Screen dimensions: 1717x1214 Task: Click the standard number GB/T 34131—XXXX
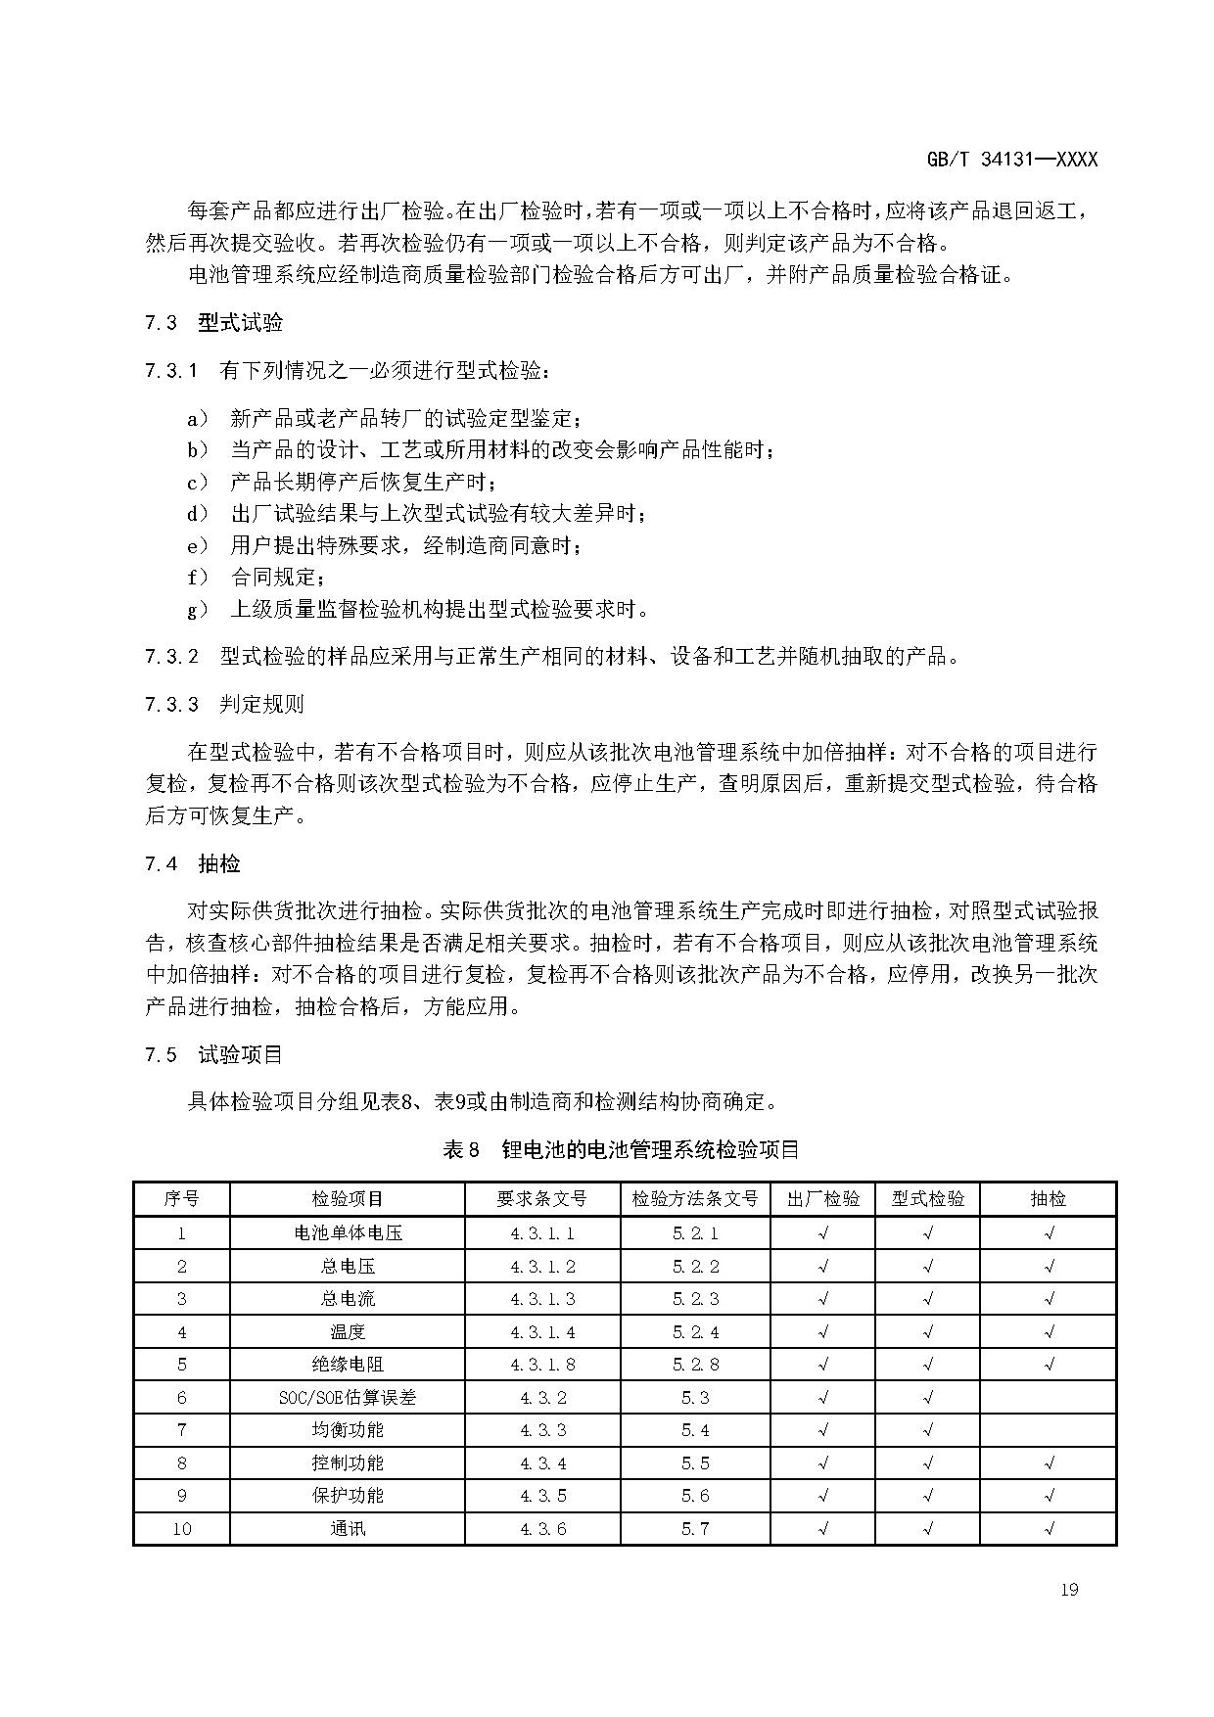(x=1011, y=160)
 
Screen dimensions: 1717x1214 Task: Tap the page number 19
(x=1068, y=1589)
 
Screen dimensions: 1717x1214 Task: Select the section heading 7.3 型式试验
(x=214, y=323)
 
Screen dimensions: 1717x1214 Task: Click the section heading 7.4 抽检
(x=193, y=863)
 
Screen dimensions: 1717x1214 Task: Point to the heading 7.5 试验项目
(x=214, y=1054)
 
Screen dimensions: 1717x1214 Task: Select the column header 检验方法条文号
(x=695, y=1199)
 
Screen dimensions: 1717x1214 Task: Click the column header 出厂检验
(x=823, y=1199)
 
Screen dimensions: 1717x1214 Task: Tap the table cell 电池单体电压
(x=348, y=1233)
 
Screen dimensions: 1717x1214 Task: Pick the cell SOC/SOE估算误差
(x=348, y=1398)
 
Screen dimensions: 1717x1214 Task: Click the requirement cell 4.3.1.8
(x=542, y=1365)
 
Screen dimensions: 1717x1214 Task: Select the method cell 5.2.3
(x=695, y=1299)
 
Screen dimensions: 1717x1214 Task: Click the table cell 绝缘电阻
(x=348, y=1365)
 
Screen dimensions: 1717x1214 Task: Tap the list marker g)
(x=198, y=610)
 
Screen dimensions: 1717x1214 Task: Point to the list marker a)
(x=198, y=419)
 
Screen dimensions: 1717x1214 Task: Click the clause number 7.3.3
(x=171, y=704)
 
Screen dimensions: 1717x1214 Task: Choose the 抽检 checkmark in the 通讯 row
(x=1049, y=1529)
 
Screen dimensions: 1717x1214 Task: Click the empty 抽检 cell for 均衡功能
(x=1049, y=1430)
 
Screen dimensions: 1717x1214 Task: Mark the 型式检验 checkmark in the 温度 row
(x=928, y=1332)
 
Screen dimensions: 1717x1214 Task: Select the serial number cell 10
(x=182, y=1529)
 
